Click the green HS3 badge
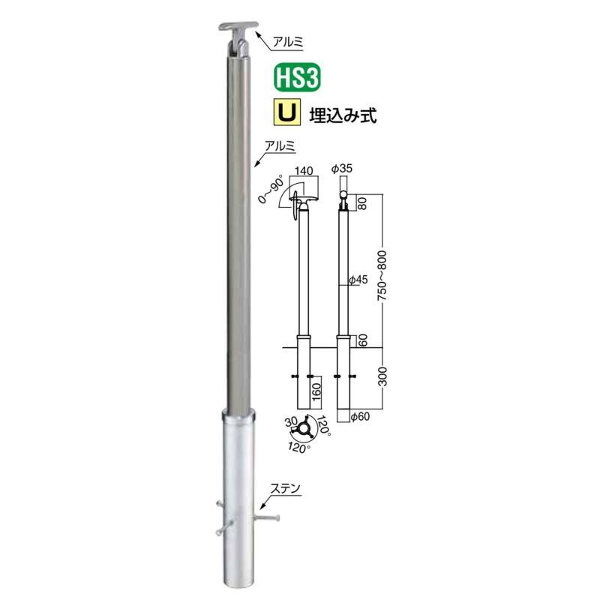297,78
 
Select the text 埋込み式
343,115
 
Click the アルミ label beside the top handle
288,41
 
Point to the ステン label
285,488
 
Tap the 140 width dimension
304,171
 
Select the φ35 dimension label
342,168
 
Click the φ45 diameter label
358,280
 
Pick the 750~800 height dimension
382,275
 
